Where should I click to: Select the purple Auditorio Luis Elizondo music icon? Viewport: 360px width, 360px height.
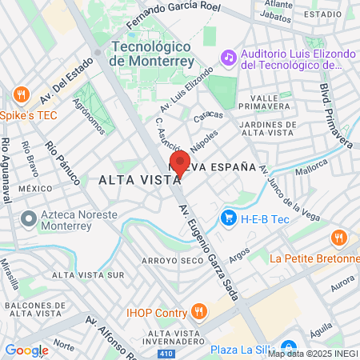point(229,58)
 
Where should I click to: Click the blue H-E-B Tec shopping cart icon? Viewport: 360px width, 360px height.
point(229,218)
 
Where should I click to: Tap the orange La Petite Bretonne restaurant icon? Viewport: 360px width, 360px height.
point(339,238)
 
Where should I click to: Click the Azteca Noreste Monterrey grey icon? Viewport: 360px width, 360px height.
point(29,217)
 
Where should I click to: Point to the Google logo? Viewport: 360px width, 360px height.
point(26,350)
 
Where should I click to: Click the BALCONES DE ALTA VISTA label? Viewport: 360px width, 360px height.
point(34,310)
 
